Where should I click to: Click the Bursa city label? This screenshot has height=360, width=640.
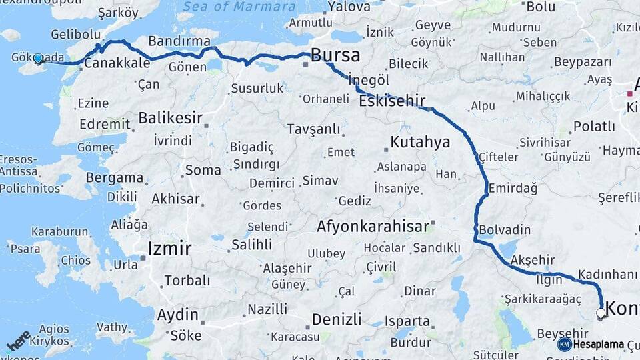point(335,55)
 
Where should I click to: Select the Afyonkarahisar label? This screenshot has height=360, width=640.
point(373,226)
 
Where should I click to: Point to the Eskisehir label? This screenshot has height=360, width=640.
point(392,101)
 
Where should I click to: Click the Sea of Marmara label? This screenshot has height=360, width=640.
point(239,7)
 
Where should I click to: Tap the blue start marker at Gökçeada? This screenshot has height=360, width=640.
point(38,59)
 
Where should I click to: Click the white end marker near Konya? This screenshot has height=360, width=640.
point(601,312)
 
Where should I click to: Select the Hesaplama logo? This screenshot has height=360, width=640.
point(591,344)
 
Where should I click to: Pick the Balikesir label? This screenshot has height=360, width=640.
point(170,117)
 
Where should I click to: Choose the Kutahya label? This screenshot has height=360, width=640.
point(420,141)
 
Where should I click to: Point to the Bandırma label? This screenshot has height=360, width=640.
point(171,41)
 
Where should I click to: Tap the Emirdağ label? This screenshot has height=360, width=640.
point(513,189)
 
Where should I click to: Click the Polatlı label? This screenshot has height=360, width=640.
point(594,126)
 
